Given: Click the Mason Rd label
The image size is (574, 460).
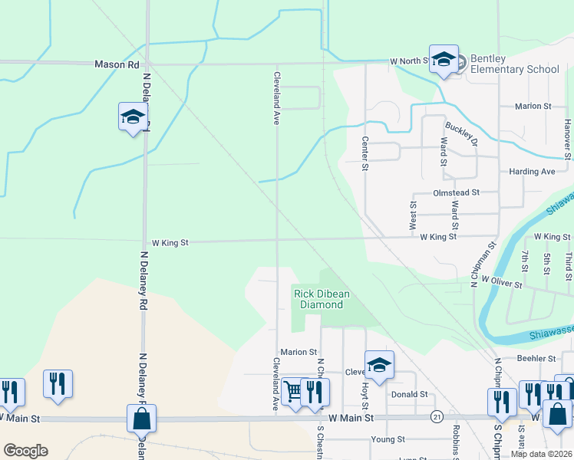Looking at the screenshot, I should click(117, 65).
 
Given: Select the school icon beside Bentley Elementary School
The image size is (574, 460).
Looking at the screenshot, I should click(444, 60).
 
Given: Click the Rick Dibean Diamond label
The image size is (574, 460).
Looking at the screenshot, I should click(321, 298).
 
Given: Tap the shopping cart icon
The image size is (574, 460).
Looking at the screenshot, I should click(293, 391).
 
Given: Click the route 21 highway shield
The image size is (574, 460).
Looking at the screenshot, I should click(436, 417).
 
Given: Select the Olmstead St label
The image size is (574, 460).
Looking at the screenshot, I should click(456, 193).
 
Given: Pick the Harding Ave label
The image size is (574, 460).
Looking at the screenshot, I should click(532, 172).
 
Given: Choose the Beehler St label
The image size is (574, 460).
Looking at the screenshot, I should click(536, 358).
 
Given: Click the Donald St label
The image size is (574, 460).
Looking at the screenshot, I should click(409, 394).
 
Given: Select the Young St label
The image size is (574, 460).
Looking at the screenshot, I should click(388, 439).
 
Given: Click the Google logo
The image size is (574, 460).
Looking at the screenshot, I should click(25, 451).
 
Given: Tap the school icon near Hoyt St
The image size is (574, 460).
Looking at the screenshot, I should click(379, 366).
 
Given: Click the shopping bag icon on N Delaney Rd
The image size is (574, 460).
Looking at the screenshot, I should click(142, 419).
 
